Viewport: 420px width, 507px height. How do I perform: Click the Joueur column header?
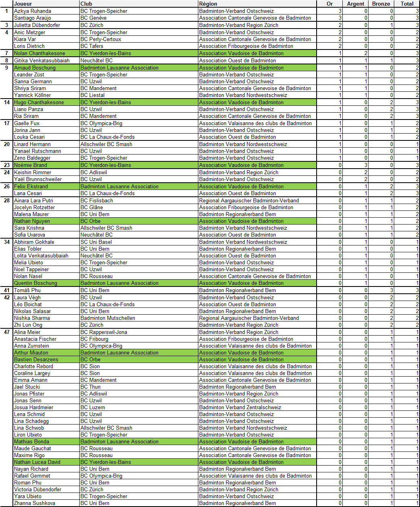23,4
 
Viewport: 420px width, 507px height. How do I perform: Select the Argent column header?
355,4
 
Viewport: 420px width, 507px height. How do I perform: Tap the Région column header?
208,4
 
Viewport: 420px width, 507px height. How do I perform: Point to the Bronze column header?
381,4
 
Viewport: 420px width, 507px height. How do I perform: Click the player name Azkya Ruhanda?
33,11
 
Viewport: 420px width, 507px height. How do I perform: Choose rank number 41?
7,290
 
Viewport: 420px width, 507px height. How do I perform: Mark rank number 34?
7,242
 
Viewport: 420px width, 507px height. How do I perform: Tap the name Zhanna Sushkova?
35,503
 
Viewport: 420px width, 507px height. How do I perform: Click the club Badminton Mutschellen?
107,318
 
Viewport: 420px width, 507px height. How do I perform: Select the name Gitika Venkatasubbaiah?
42,60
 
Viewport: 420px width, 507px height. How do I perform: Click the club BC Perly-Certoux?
101,39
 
